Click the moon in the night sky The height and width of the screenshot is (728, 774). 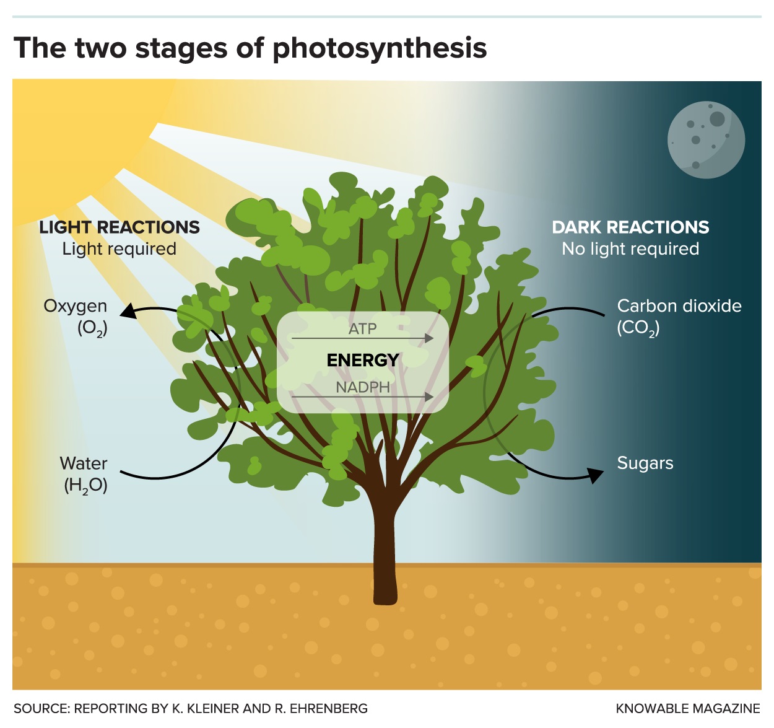pyautogui.click(x=706, y=139)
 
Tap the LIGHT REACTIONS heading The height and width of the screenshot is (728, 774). pyautogui.click(x=120, y=227)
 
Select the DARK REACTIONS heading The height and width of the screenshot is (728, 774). pyautogui.click(x=630, y=227)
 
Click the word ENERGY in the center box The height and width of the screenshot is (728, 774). pyautogui.click(x=362, y=360)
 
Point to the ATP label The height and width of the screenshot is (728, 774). pyautogui.click(x=362, y=329)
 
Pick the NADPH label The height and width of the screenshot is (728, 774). pyautogui.click(x=362, y=387)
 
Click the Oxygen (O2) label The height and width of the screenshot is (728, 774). pyautogui.click(x=75, y=317)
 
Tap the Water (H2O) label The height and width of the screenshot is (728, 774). pyautogui.click(x=84, y=474)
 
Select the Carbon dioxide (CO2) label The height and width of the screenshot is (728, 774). pyautogui.click(x=679, y=317)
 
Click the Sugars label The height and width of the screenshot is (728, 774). pyautogui.click(x=645, y=463)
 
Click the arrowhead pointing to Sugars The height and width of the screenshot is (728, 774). pyautogui.click(x=595, y=475)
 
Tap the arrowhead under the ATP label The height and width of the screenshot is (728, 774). pyautogui.click(x=429, y=338)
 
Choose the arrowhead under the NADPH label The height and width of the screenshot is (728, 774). pyautogui.click(x=429, y=397)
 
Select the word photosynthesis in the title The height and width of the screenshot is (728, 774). pyautogui.click(x=380, y=49)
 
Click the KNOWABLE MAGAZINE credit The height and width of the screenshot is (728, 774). pyautogui.click(x=688, y=708)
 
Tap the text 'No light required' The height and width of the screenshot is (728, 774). pyautogui.click(x=630, y=248)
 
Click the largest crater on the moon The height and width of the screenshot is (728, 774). pyautogui.click(x=717, y=118)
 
